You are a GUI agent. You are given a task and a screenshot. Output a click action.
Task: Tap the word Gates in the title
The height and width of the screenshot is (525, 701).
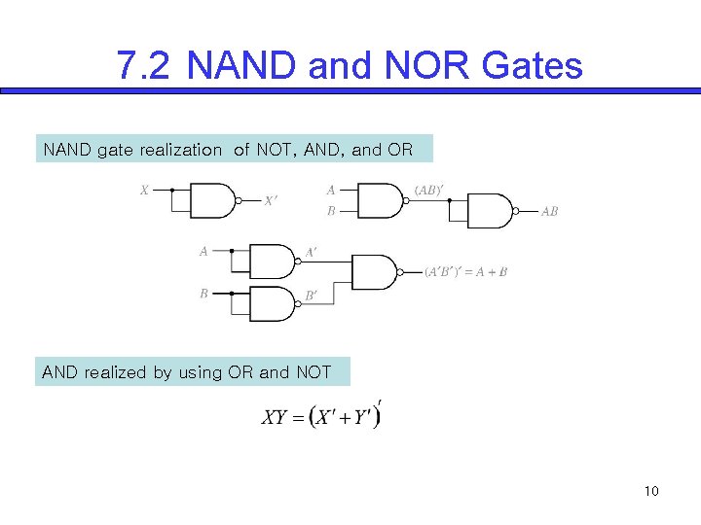(533, 66)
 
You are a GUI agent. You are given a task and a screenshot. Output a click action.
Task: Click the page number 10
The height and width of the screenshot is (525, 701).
(651, 491)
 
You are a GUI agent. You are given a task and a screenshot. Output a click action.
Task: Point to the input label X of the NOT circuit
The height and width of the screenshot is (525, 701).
(144, 191)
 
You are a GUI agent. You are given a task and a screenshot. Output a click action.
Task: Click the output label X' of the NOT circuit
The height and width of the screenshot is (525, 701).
(271, 201)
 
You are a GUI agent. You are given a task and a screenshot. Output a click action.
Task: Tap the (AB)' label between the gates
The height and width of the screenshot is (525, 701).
(428, 191)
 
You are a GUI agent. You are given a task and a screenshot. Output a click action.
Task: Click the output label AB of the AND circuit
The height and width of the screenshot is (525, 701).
(550, 212)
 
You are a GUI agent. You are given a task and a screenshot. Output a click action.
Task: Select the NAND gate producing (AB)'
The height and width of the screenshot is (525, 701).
(381, 200)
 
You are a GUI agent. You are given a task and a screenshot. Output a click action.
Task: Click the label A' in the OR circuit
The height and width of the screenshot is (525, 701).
(311, 251)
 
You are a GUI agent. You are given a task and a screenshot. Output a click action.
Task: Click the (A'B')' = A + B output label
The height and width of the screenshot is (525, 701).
(465, 272)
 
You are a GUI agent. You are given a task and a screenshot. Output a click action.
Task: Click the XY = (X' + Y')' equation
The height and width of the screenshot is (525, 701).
(322, 417)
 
